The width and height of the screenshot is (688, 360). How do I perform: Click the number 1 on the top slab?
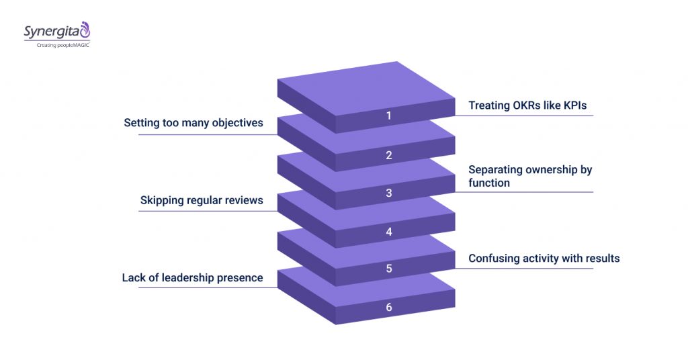click(388, 116)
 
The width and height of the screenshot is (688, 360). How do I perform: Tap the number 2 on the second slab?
click(388, 155)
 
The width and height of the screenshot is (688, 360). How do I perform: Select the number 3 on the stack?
click(388, 193)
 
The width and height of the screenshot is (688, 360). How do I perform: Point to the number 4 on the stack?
click(388, 232)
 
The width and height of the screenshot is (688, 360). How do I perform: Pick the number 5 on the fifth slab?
click(388, 269)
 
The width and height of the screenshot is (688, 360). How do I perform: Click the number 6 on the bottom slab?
click(388, 307)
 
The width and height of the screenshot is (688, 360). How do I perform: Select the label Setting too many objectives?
click(193, 124)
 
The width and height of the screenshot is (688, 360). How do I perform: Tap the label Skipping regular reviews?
click(202, 200)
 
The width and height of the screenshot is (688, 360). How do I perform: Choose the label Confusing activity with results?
click(544, 258)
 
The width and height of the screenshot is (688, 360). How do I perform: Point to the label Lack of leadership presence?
click(192, 277)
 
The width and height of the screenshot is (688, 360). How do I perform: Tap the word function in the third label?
click(488, 183)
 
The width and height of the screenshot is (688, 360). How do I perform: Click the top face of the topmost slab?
click(366, 88)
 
